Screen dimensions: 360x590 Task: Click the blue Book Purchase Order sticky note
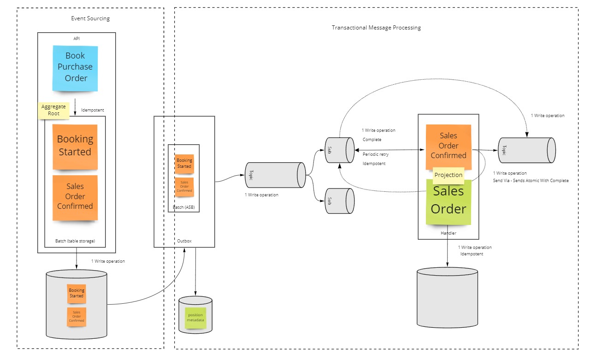pyautogui.click(x=75, y=67)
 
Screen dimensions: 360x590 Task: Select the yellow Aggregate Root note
pyautogui.click(x=53, y=110)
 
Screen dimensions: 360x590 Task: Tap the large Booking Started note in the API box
pyautogui.click(x=75, y=146)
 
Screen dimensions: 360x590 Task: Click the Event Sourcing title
pyautogui.click(x=90, y=18)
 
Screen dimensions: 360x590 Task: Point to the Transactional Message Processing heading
pyautogui.click(x=376, y=28)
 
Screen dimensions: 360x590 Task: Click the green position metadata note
pyautogui.click(x=195, y=318)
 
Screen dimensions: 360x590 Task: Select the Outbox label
pyautogui.click(x=184, y=241)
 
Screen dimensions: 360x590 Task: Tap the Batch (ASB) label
pyautogui.click(x=184, y=207)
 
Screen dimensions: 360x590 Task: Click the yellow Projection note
pyautogui.click(x=448, y=175)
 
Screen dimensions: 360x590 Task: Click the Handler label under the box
pyautogui.click(x=448, y=233)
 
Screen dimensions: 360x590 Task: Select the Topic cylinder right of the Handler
pyautogui.click(x=526, y=150)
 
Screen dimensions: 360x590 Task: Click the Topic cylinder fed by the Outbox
pyautogui.click(x=275, y=175)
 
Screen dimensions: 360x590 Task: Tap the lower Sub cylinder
pyautogui.click(x=339, y=201)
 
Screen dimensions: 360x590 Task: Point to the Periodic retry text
pyautogui.click(x=375, y=154)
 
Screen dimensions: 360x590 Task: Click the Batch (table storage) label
pyautogui.click(x=75, y=241)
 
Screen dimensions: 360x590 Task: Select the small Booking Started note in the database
pyautogui.click(x=77, y=293)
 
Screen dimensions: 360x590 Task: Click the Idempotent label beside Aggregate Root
pyautogui.click(x=93, y=110)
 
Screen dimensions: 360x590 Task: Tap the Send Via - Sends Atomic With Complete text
pyautogui.click(x=531, y=181)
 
